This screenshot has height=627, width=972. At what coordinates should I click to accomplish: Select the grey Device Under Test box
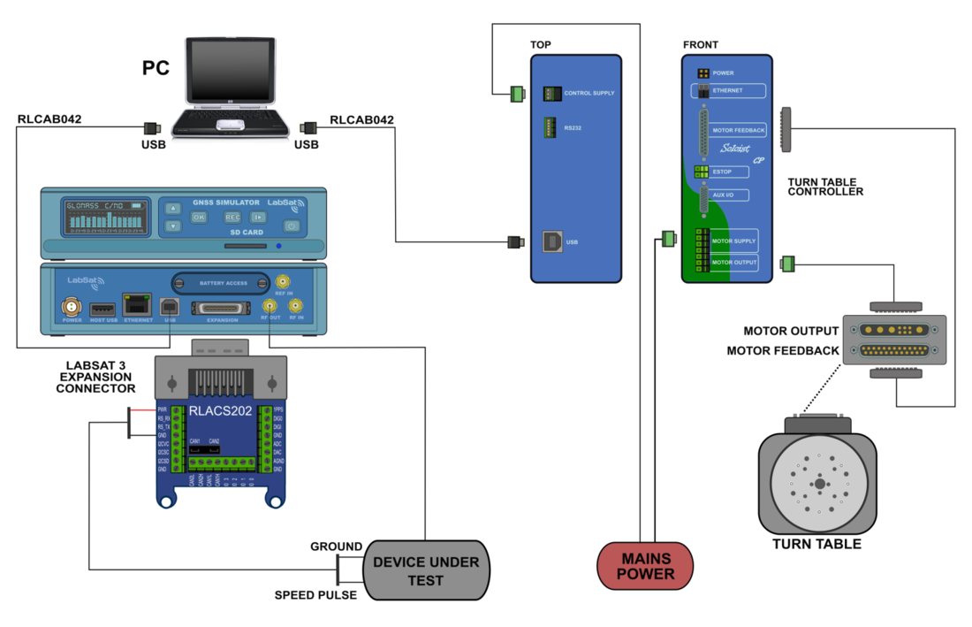425,570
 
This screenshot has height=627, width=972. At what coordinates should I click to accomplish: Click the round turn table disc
819,484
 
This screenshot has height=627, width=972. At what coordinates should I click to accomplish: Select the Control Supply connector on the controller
551,93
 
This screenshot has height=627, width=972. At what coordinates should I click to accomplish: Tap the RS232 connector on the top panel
551,128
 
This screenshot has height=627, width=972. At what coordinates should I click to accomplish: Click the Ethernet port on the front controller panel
705,91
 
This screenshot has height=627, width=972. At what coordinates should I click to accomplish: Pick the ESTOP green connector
702,172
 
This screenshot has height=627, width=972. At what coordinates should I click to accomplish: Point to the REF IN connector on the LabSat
284,282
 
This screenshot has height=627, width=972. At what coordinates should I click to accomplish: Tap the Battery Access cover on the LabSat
221,283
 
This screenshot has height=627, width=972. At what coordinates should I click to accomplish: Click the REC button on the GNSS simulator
232,217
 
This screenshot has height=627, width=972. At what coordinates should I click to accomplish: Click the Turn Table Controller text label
824,187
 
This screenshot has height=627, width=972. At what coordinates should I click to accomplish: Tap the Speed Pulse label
315,595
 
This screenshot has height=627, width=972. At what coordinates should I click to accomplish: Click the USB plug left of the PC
151,128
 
